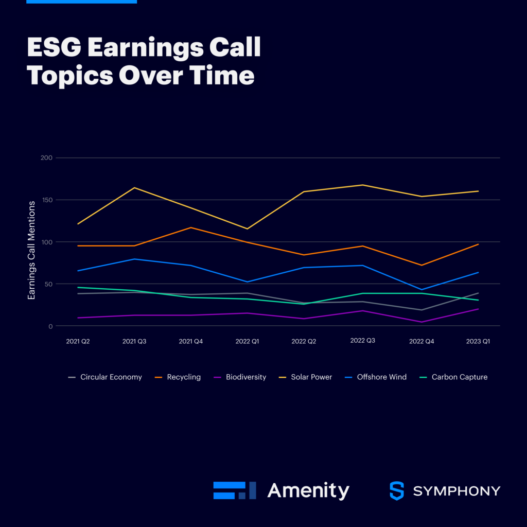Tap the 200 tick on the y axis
pyautogui.click(x=46, y=157)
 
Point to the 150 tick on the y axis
pyautogui.click(x=46, y=200)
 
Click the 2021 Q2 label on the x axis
pyautogui.click(x=78, y=341)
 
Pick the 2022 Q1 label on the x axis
pyautogui.click(x=248, y=341)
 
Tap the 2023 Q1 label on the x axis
pyautogui.click(x=478, y=341)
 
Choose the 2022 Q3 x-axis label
pyautogui.click(x=362, y=341)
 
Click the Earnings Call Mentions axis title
pyautogui.click(x=32, y=250)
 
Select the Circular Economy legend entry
pyautogui.click(x=111, y=377)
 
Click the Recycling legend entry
pyautogui.click(x=184, y=377)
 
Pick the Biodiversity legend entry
pyautogui.click(x=246, y=377)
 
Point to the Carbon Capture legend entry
pyautogui.click(x=459, y=377)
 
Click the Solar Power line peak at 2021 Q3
pyautogui.click(x=134, y=188)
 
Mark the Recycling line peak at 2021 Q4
pyautogui.click(x=191, y=227)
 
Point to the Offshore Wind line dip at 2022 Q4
pyautogui.click(x=421, y=290)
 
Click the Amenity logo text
pyautogui.click(x=308, y=490)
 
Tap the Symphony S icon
pyautogui.click(x=397, y=491)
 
